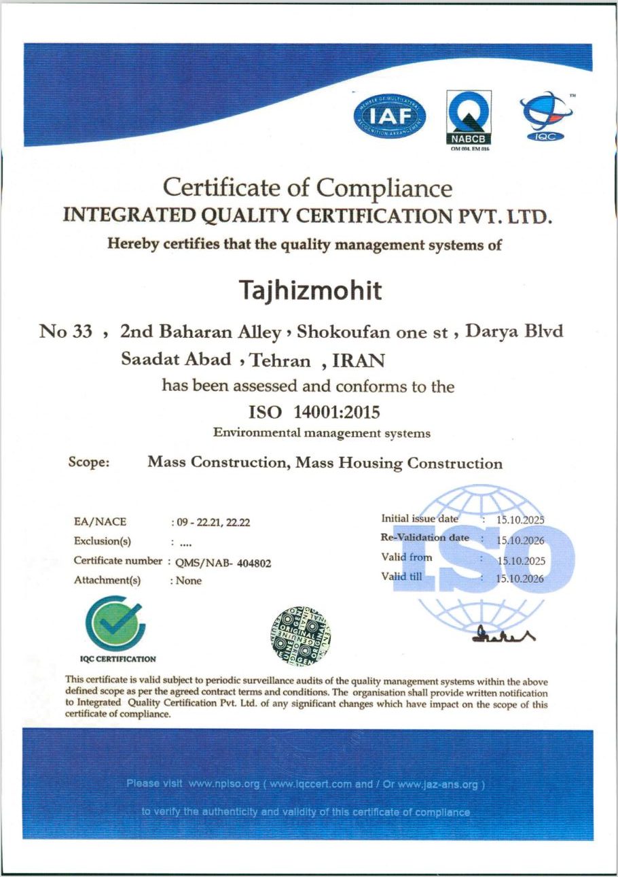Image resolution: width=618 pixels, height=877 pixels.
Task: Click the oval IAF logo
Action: coord(390,115)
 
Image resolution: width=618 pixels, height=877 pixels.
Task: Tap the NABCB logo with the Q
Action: coord(469,118)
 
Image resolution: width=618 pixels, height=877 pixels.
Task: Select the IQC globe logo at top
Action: coord(545,117)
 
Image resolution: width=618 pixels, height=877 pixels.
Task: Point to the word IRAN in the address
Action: coord(348,361)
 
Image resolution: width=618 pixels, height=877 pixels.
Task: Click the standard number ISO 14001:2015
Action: coord(315,412)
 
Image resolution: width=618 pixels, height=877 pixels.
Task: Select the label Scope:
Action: coord(89,462)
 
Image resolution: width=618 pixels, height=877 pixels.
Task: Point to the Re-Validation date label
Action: coord(425,538)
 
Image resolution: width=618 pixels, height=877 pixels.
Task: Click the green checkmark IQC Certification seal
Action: coord(114,623)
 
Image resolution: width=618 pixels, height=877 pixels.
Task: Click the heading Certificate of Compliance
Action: coord(308,187)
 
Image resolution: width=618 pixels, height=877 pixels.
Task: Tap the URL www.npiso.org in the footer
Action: coord(224,784)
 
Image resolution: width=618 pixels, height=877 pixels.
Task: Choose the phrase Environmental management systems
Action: coord(321,432)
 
